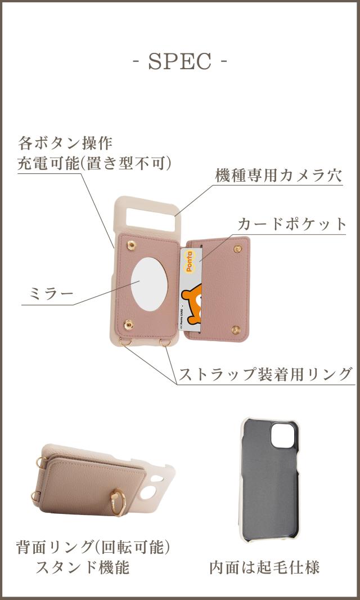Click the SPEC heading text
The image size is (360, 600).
tap(180, 61)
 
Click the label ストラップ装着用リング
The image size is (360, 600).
tap(265, 374)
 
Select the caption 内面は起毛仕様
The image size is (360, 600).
tap(264, 567)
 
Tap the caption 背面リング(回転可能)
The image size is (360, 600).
tap(93, 546)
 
